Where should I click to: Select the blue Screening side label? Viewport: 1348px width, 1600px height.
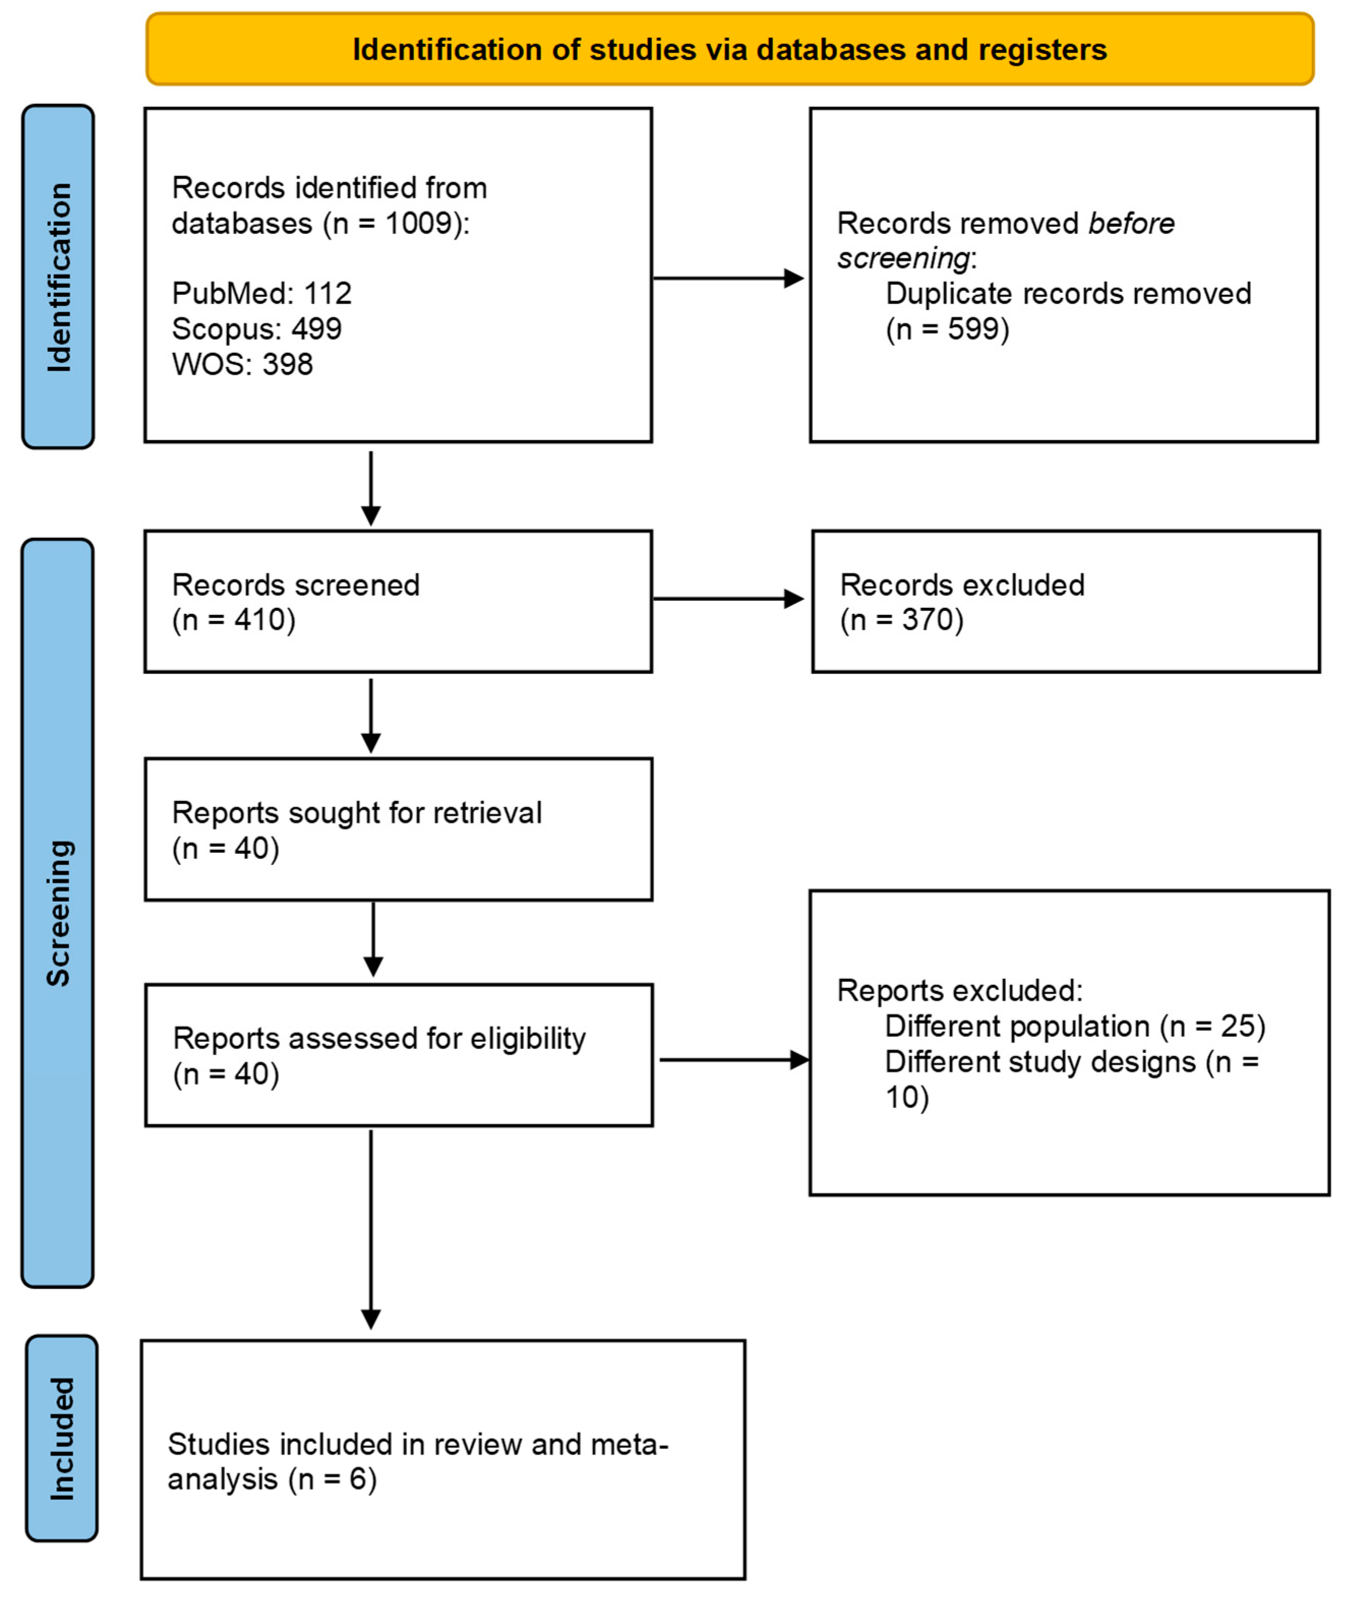pos(58,913)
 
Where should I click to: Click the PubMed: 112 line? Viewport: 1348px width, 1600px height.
pos(261,293)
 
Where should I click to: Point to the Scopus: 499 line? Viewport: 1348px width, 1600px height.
pos(256,329)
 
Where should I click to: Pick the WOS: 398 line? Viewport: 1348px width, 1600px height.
pos(242,364)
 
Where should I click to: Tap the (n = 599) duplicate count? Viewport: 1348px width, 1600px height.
pos(947,329)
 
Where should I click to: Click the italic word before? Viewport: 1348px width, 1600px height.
pos(1131,224)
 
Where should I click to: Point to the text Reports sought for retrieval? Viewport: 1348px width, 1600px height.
pos(356,813)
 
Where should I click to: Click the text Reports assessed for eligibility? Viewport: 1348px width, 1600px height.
pos(379,1038)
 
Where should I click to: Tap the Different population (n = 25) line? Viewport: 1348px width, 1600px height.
pos(1075,1026)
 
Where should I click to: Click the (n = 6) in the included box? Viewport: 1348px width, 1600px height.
pos(332,1479)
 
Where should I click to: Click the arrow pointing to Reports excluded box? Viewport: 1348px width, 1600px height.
pos(733,1060)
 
